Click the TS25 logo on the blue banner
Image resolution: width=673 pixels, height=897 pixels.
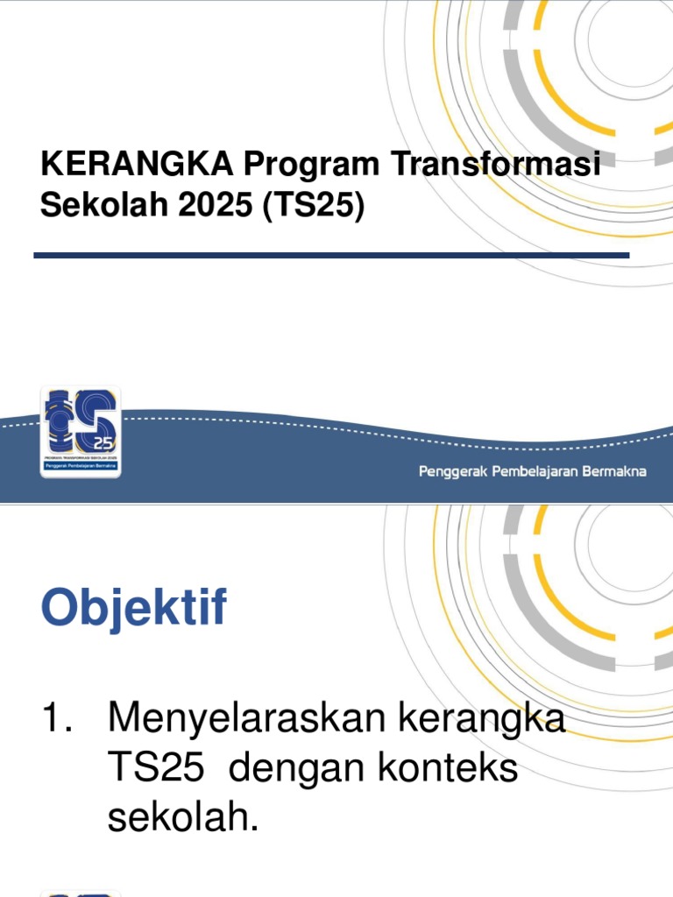[x=81, y=433]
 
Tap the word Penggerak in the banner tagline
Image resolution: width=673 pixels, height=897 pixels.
[x=454, y=472]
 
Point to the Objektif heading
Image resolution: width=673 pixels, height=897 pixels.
[x=134, y=609]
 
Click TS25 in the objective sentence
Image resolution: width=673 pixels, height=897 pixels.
[x=155, y=769]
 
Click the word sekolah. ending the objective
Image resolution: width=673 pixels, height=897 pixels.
[x=183, y=817]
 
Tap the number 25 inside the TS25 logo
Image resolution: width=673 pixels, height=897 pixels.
[x=104, y=441]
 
